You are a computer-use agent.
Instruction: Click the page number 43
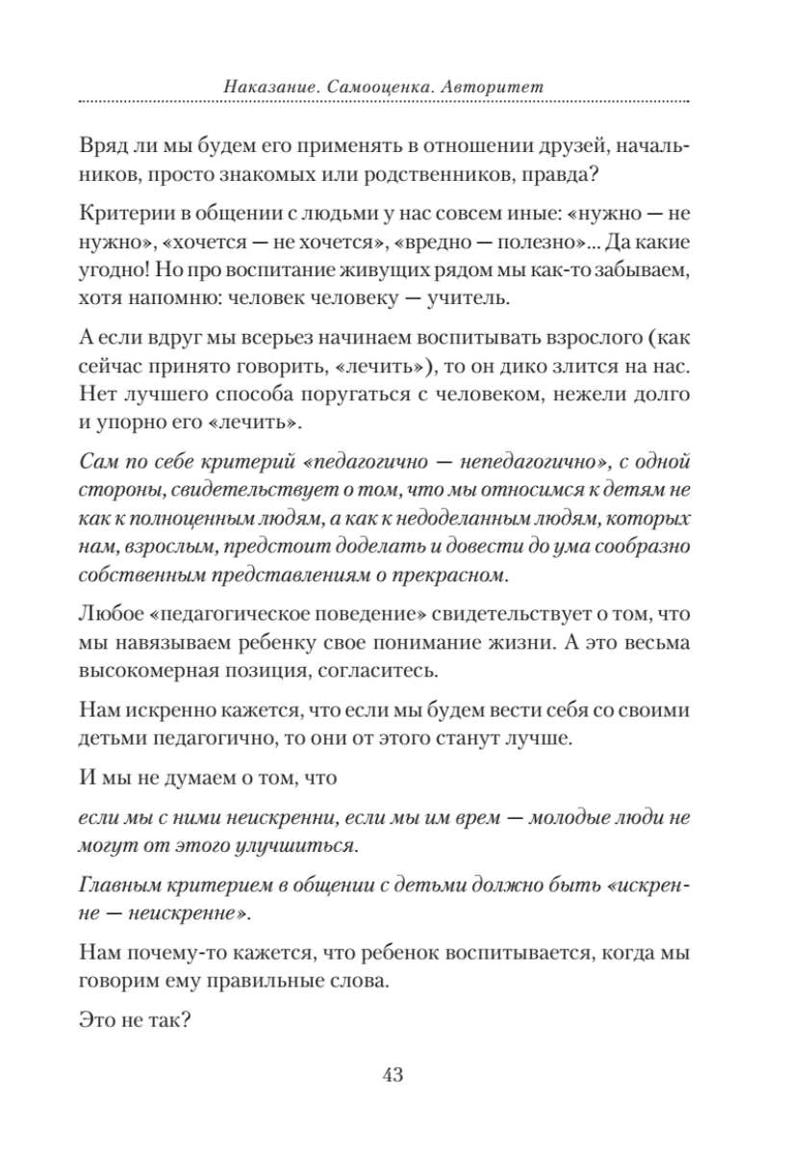coord(392,1075)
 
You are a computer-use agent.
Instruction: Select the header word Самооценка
coord(368,87)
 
